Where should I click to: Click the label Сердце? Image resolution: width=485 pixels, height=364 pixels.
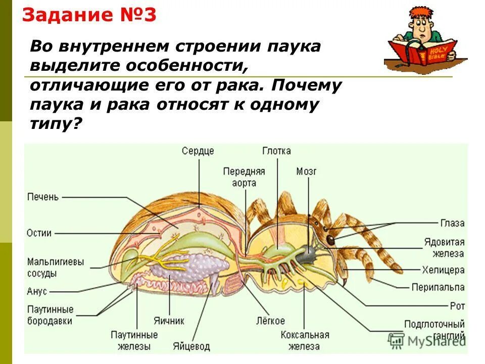pos(198,151)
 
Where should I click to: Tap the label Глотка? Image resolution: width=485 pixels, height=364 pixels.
pos(276,151)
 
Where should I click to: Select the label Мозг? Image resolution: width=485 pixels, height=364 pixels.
pos(306,172)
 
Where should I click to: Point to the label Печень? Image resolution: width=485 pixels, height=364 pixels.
pos(43,197)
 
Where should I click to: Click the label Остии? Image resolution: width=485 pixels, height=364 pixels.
pos(39,233)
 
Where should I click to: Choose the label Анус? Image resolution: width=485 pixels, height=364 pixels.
pos(37,292)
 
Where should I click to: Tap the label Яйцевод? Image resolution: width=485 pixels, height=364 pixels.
pos(190,347)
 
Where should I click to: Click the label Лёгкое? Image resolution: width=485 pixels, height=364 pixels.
pos(270,321)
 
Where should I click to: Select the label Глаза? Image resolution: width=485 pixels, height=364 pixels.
pos(452,223)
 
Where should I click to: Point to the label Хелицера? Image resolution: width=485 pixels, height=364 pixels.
pos(443,270)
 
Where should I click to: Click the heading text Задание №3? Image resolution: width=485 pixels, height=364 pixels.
pos(89,15)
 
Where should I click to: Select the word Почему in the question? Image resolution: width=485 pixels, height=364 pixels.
pos(306,85)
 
